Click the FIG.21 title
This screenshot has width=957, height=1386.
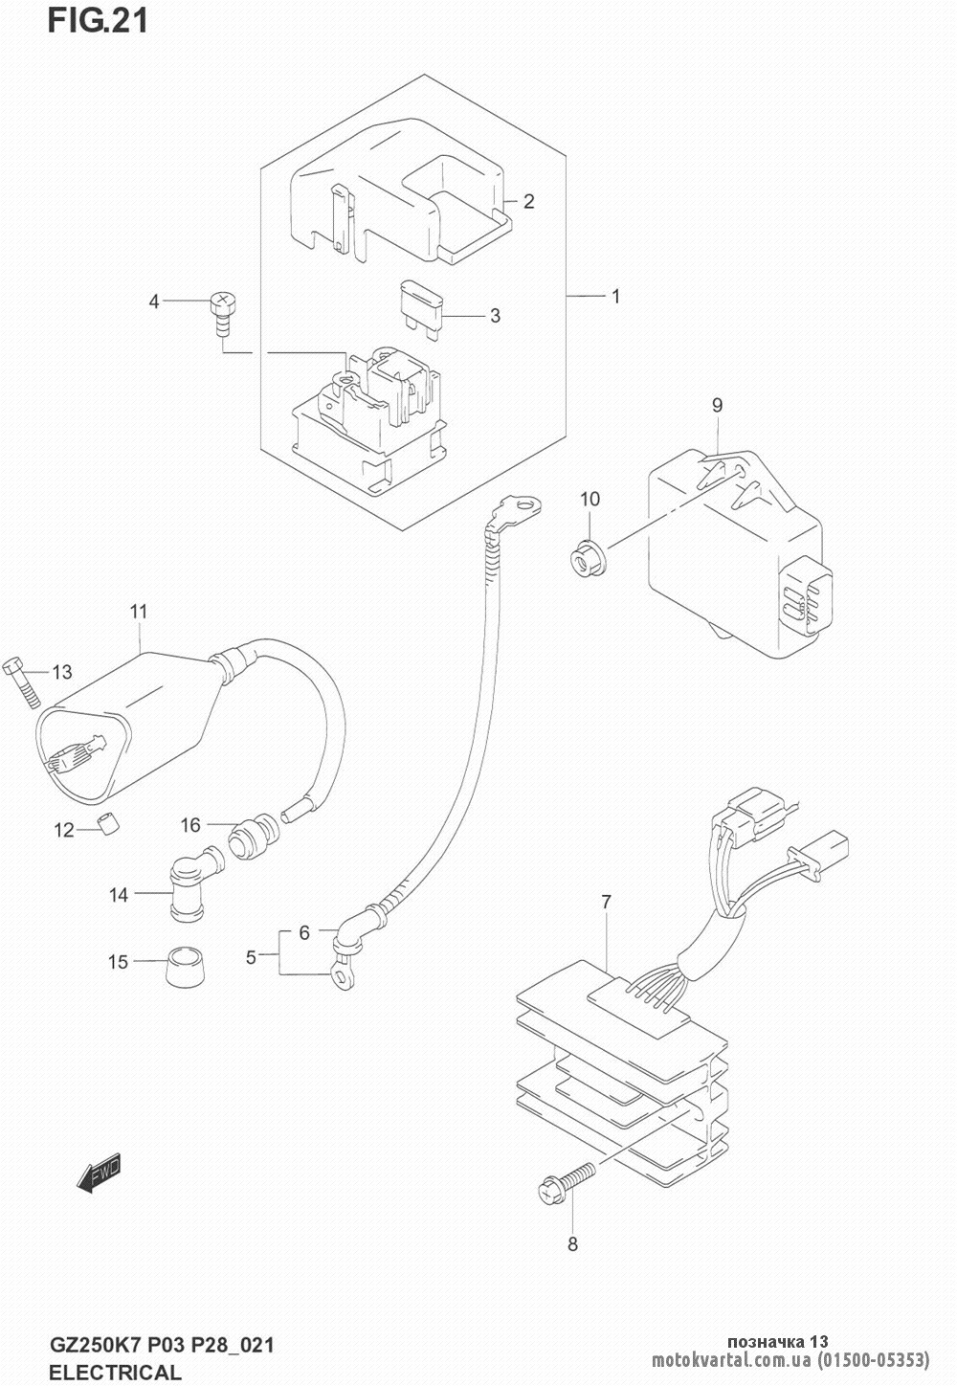coord(98,21)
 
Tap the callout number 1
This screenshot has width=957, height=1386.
coord(615,297)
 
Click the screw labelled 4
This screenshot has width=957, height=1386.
coord(224,315)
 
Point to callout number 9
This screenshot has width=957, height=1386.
coord(717,405)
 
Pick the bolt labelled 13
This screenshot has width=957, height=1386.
coord(22,683)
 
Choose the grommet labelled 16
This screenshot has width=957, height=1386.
coord(254,837)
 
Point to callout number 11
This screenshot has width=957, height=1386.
coord(139,612)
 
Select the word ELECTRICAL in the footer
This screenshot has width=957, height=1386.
coord(115,1372)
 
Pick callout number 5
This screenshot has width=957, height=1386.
coord(251,957)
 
